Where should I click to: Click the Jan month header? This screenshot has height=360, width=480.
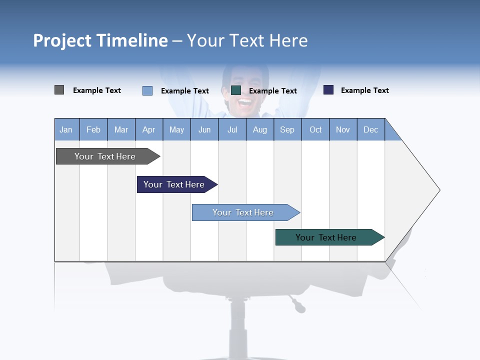point(66,129)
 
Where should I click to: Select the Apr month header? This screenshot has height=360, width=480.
point(148,129)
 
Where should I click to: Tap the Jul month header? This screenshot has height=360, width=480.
point(232,129)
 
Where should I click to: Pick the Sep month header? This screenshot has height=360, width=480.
point(287,129)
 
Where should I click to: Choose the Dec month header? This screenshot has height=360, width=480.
point(370,129)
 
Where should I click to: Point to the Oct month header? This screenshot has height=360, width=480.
point(315,129)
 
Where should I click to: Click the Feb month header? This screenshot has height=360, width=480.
point(93,129)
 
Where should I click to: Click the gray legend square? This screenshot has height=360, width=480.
point(59,90)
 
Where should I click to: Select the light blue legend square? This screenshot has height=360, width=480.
point(147,90)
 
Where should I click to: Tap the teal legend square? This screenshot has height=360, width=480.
point(236,90)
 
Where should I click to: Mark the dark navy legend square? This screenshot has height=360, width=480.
point(328,90)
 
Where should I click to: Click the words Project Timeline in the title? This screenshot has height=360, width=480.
point(100,40)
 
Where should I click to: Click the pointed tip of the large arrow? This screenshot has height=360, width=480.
point(438,190)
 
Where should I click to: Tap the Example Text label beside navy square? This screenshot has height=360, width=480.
point(364,90)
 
